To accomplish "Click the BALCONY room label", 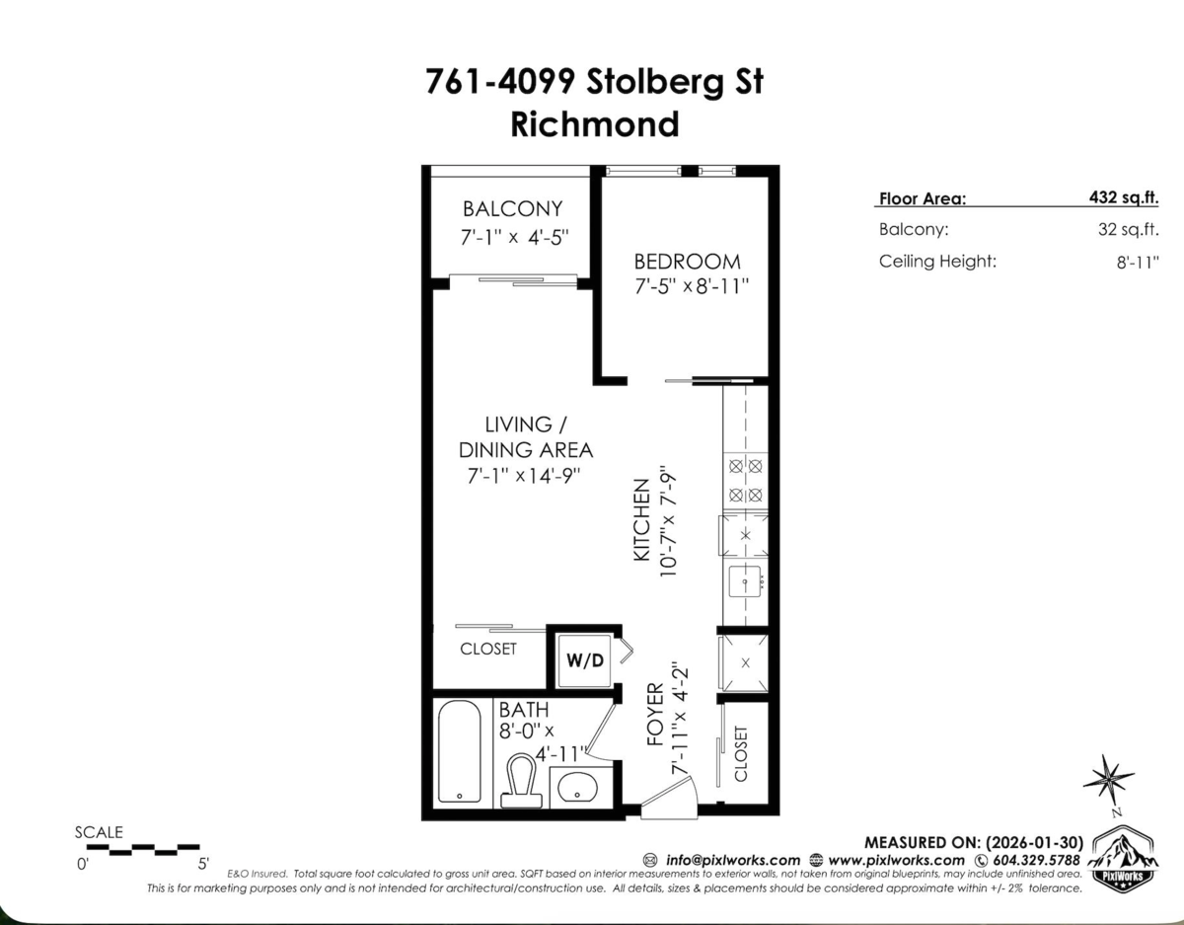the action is coord(512,208).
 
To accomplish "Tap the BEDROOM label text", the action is coord(687,262).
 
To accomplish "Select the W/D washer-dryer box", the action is coord(585,660).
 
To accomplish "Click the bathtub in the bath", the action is coord(460,751).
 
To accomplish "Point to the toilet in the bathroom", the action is coord(521,780).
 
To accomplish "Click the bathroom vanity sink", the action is coord(577,787).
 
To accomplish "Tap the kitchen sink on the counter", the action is coord(745,582).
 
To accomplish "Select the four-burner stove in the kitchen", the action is coord(745,481).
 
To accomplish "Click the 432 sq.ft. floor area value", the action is coord(1124,196).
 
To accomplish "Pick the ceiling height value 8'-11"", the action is coord(1138,263).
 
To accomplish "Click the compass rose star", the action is coord(1108,780).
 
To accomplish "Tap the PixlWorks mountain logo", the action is coord(1123,860).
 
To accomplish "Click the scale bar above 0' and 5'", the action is coord(143,849).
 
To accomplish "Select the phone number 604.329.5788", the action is coord(1036,860).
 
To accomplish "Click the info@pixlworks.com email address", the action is coord(733,860).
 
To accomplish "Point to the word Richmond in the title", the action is coord(594,123).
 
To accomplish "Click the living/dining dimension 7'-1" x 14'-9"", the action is coord(524,476).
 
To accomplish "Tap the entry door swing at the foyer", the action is coord(669,797).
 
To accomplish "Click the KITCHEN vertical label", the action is coord(642,519).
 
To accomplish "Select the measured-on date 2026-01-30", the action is coord(1034,843).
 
